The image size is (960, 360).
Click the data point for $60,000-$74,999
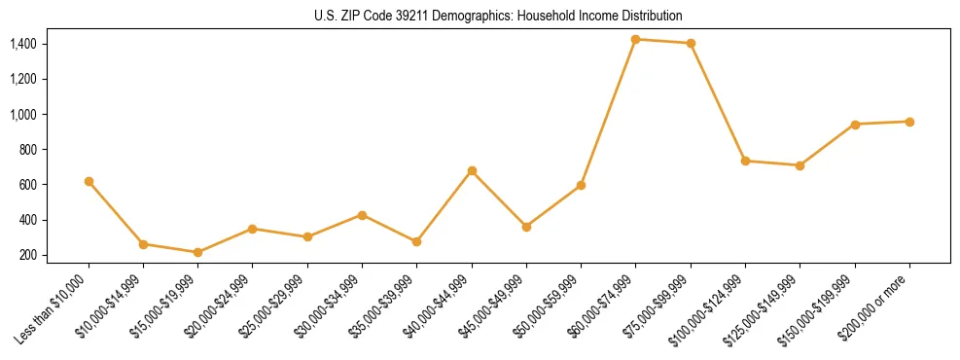pos(635,39)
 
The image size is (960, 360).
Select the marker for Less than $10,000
pos(89,181)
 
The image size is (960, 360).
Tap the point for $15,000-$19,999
pos(197,252)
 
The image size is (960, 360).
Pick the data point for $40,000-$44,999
pos(472,170)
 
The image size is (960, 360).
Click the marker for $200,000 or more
pos(909,122)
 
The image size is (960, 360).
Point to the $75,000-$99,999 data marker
pos(691,43)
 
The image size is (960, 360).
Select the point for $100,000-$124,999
pos(745,161)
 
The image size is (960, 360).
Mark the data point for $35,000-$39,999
pos(416,241)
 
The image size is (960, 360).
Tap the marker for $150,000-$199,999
pos(855,125)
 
